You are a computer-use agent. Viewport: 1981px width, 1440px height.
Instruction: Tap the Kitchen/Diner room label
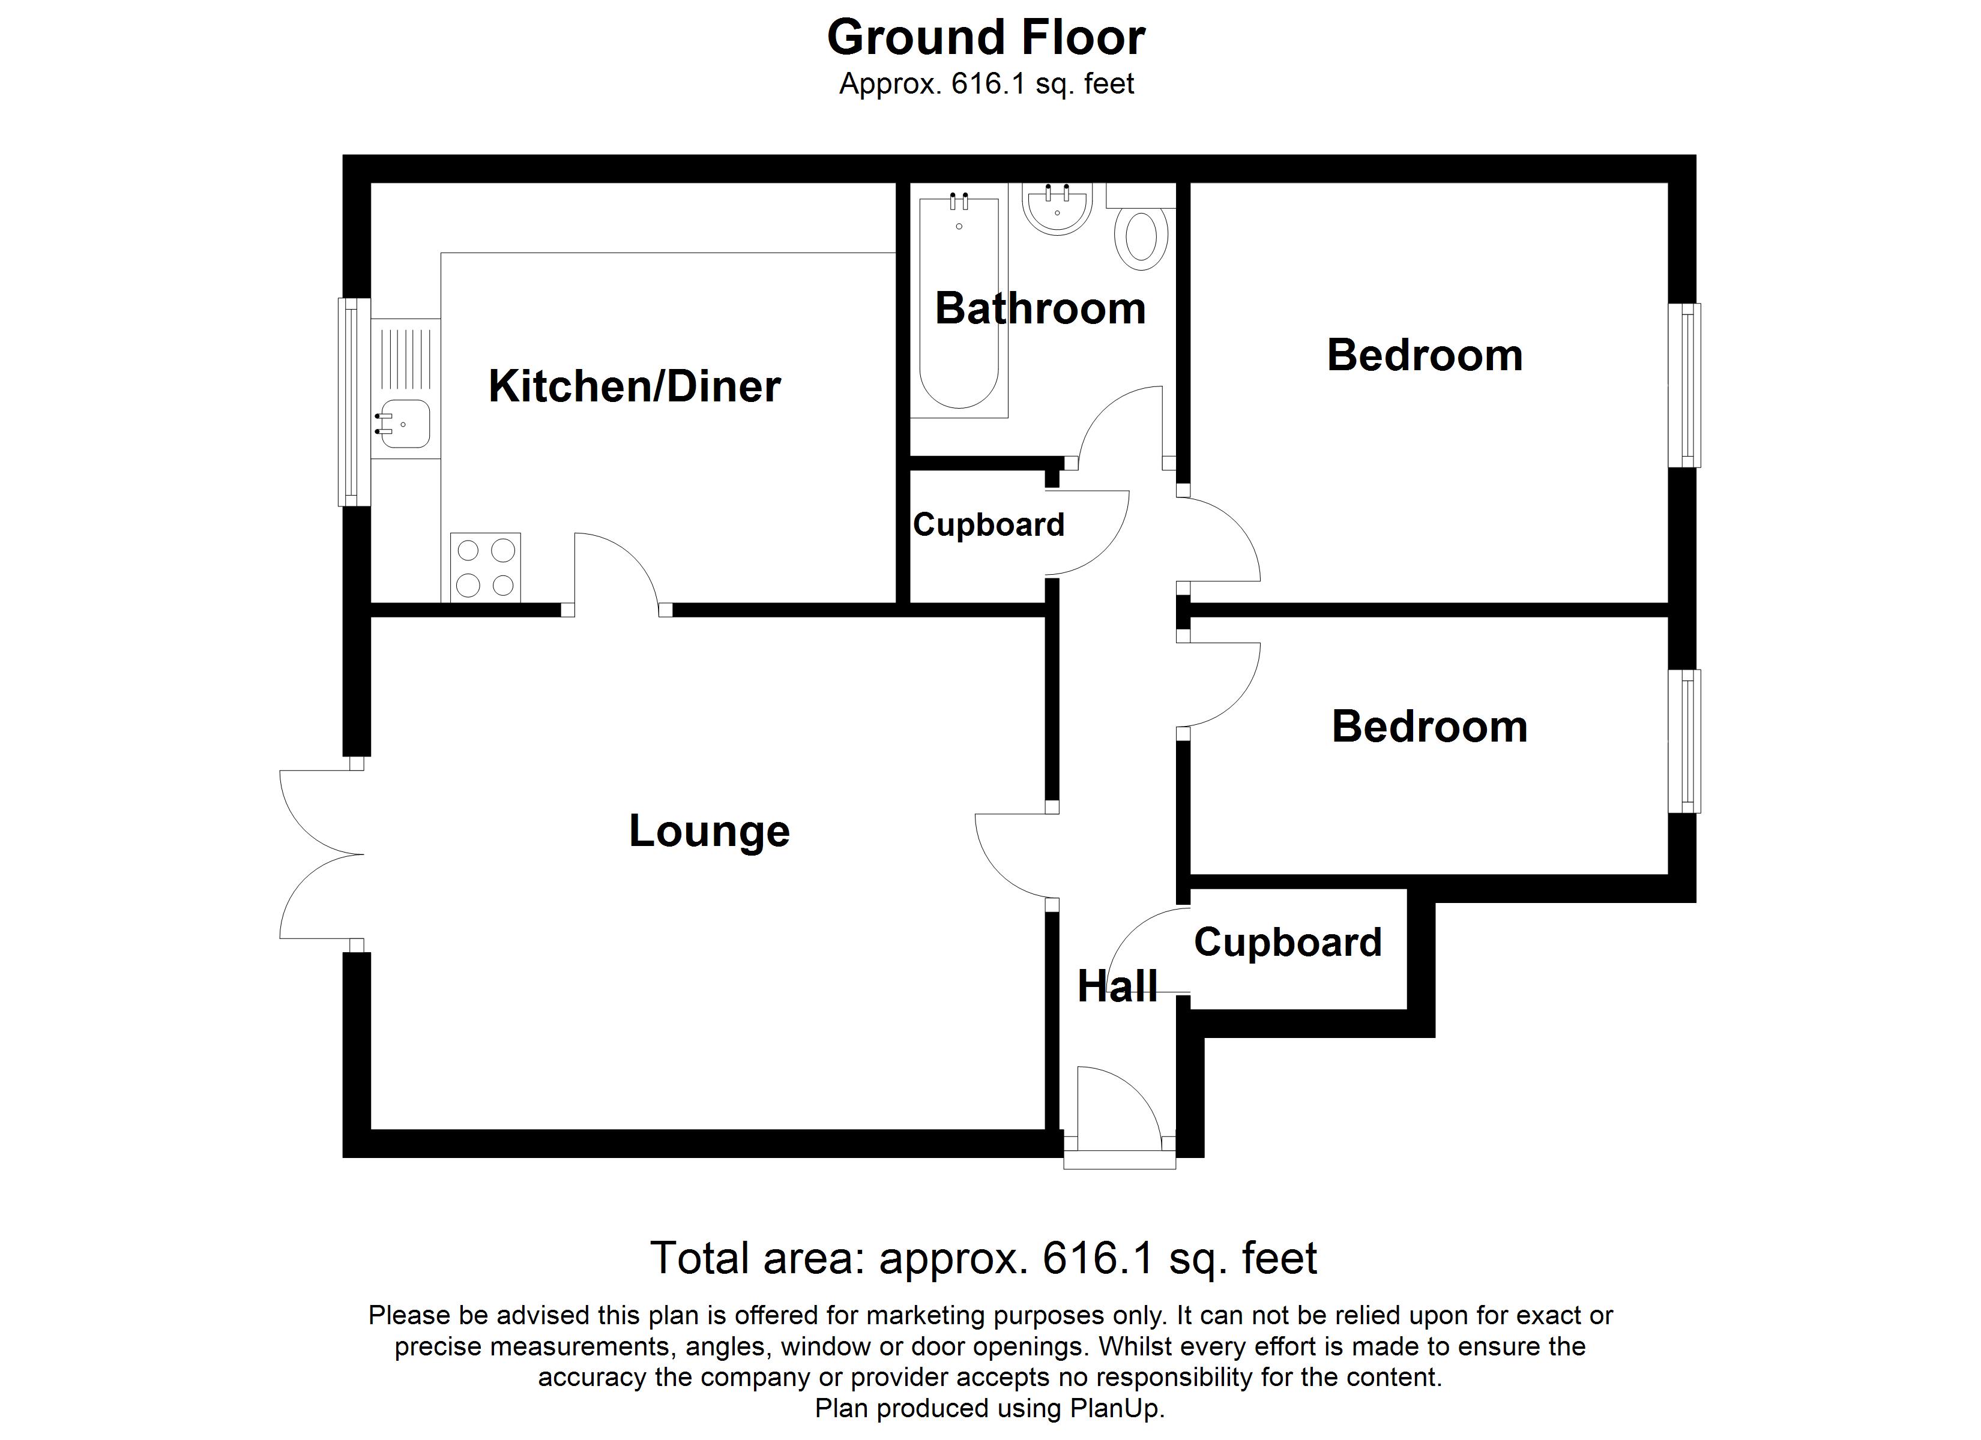pos(634,387)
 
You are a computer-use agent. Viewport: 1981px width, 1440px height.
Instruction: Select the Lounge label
pos(709,832)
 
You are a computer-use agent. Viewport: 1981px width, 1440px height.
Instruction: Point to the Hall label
pos(1117,987)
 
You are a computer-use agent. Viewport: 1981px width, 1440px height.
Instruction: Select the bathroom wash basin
pos(1057,209)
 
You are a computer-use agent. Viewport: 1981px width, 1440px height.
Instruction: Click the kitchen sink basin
pos(405,424)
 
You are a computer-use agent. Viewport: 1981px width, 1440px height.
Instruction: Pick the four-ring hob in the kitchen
pos(486,568)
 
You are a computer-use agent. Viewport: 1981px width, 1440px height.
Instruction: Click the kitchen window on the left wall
pos(353,401)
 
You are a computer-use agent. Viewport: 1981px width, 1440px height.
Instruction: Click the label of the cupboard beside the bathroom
pos(989,526)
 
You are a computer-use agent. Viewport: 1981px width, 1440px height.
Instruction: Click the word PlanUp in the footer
pos(1117,1408)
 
